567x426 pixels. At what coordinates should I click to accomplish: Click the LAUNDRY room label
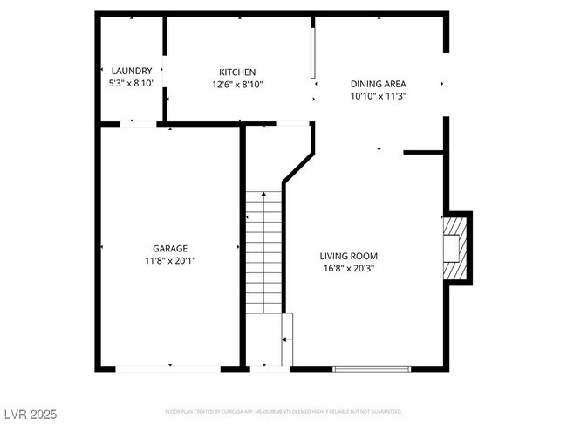coord(132,71)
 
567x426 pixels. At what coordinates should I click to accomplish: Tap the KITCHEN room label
coord(236,72)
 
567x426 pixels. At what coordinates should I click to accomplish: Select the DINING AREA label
coord(378,84)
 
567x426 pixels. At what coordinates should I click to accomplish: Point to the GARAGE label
coord(170,248)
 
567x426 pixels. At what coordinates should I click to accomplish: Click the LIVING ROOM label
coord(349,255)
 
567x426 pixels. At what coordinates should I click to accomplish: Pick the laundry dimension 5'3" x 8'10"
coord(132,84)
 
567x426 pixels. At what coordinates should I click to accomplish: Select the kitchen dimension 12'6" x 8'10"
coord(236,85)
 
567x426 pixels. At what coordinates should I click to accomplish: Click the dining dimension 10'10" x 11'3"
coord(378,97)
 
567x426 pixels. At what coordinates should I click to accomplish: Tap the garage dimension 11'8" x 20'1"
coord(170,261)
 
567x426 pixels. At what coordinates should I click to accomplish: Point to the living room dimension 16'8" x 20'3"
coord(349,268)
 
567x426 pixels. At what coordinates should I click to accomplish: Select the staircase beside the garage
coord(263,253)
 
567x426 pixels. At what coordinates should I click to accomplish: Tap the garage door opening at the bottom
coord(168,369)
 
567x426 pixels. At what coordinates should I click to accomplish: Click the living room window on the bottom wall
coord(372,369)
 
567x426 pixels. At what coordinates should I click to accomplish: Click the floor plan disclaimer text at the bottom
coord(283,410)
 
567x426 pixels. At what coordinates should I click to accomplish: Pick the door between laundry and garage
coord(139,124)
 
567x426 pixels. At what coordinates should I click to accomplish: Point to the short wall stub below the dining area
coord(423,153)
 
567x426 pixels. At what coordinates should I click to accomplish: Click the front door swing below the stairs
coord(286,340)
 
